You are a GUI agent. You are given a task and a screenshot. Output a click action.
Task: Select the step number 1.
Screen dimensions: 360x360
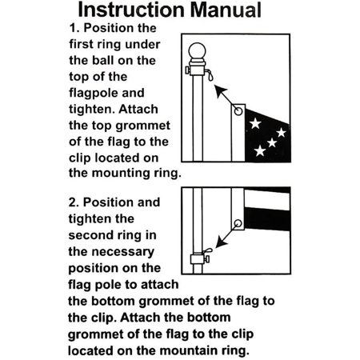click(x=66, y=28)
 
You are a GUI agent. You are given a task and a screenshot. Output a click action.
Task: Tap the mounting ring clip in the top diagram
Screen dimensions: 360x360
click(x=206, y=76)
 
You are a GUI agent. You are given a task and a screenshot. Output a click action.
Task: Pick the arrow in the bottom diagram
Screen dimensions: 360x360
click(x=217, y=240)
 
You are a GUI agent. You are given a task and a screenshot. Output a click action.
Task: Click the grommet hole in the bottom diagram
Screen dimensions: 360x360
click(x=238, y=223)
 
